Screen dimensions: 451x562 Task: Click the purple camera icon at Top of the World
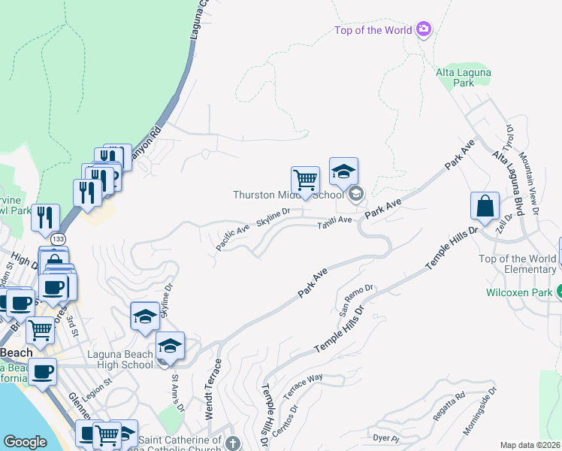423,29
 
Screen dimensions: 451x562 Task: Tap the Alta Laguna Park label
455,77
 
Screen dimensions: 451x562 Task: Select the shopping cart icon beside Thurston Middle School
305,181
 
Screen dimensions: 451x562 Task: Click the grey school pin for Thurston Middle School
355,195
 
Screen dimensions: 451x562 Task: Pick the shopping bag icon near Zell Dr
486,206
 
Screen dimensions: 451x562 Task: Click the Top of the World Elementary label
518,264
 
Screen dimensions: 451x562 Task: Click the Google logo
25,442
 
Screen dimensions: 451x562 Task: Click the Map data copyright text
530,445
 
